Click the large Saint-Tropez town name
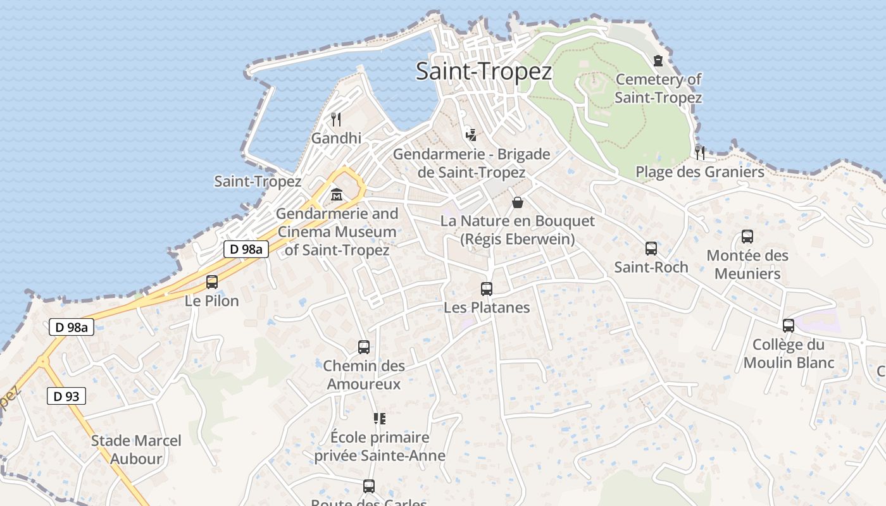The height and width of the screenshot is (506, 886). tap(484, 71)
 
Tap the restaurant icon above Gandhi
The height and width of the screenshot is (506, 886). tap(336, 119)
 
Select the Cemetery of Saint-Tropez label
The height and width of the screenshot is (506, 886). tap(658, 89)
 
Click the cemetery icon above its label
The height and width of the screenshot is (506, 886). tap(658, 61)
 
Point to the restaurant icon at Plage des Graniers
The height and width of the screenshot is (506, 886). tap(700, 152)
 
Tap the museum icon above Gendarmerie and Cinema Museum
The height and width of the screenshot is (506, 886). tap(336, 195)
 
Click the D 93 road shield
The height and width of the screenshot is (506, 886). tap(66, 397)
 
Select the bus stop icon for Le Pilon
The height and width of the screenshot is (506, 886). tap(212, 282)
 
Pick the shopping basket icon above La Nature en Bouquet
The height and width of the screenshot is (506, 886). tap(518, 202)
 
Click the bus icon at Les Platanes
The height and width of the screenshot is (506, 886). tap(487, 289)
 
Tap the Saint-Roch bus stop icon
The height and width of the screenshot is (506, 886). tap(651, 249)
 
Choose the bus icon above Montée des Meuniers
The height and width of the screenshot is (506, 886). tap(747, 237)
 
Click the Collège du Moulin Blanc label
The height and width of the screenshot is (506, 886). tap(789, 354)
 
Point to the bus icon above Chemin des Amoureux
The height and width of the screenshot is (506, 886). tap(364, 347)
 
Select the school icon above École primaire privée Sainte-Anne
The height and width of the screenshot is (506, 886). tap(380, 418)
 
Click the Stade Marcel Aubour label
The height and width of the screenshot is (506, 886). tap(136, 450)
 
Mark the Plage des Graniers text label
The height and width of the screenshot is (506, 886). tap(700, 172)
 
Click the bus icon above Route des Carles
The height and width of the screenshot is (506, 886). tap(369, 486)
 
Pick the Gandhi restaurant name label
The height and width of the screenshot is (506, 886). tap(336, 138)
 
